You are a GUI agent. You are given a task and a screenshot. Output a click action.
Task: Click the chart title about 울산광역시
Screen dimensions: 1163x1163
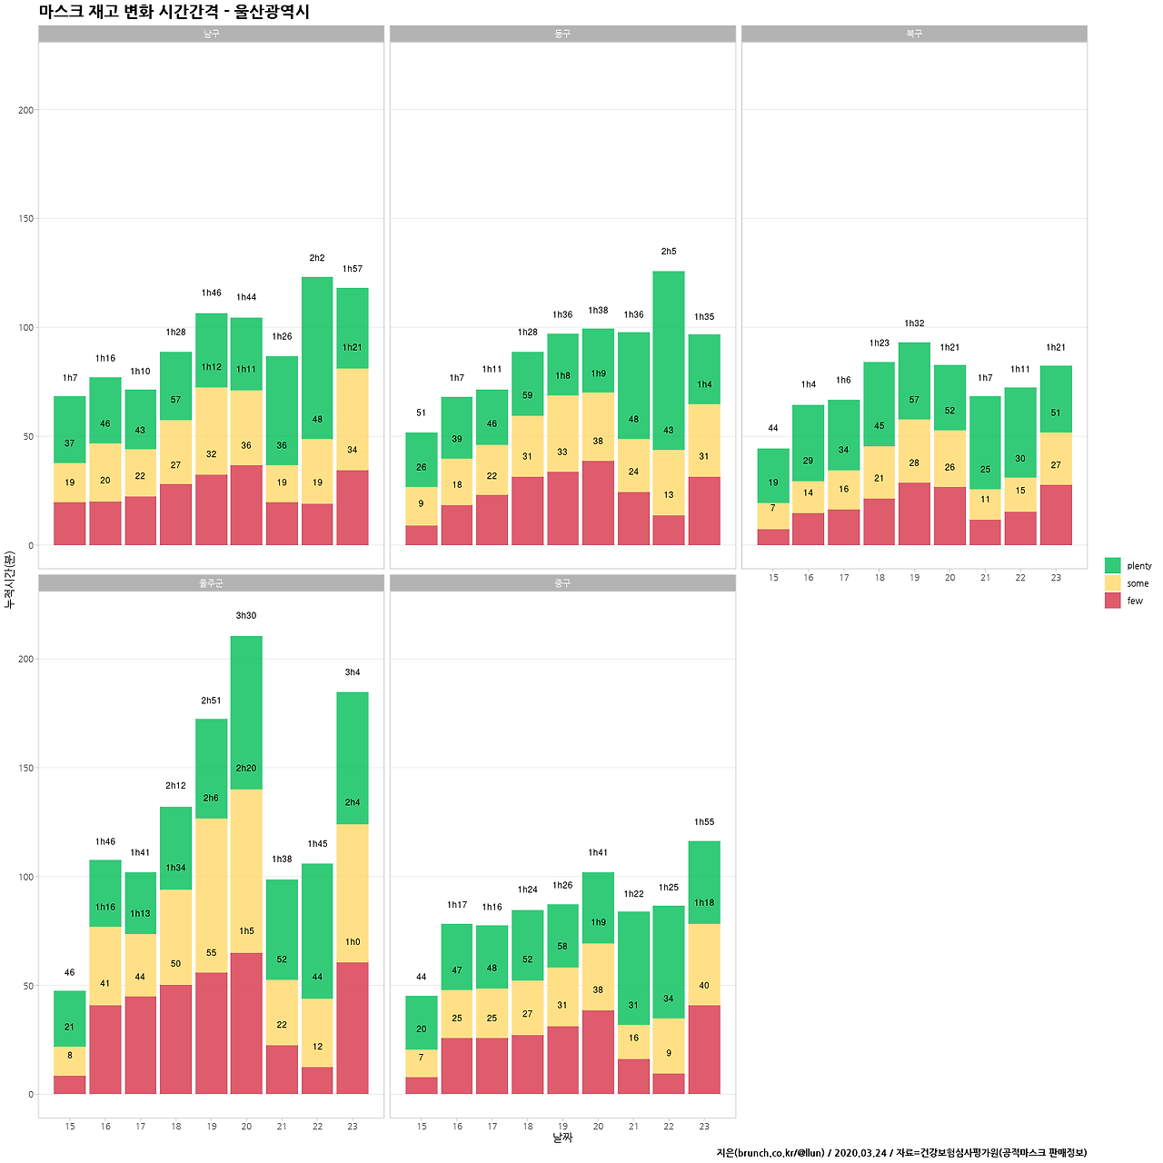(174, 12)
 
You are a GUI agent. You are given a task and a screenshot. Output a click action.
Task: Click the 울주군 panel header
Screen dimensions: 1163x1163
(211, 583)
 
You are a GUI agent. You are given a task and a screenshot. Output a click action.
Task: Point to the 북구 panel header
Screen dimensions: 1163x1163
(914, 34)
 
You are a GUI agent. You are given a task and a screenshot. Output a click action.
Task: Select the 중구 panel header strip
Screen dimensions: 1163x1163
(562, 583)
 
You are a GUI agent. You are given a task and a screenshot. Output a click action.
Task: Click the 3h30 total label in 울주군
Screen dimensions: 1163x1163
(246, 616)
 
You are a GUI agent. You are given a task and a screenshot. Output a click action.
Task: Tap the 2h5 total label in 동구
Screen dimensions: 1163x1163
(669, 252)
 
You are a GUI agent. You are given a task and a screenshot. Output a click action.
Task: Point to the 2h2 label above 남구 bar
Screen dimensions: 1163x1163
(317, 258)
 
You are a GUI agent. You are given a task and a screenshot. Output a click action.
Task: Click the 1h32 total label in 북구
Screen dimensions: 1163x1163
(914, 323)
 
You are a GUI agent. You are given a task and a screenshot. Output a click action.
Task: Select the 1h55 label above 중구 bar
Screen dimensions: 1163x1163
(704, 822)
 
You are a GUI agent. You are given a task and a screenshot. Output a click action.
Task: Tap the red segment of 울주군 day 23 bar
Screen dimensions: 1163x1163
(353, 1028)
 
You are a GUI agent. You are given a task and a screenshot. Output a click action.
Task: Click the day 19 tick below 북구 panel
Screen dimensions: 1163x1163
(915, 578)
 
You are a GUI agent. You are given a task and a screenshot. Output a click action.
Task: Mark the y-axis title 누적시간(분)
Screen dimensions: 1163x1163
(10, 579)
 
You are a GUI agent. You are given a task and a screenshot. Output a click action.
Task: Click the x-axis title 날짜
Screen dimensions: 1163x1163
(562, 1138)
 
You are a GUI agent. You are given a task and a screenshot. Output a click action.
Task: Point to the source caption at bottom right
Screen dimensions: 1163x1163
(901, 1153)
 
